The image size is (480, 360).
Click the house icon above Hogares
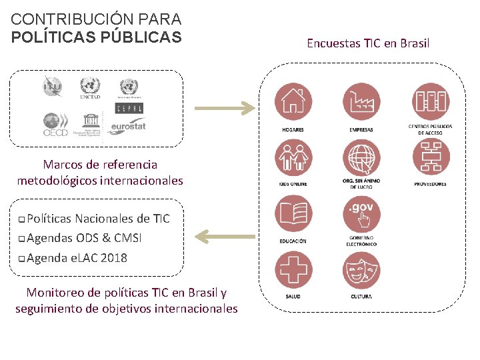pyautogui.click(x=293, y=101)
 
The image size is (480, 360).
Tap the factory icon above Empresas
pyautogui.click(x=361, y=101)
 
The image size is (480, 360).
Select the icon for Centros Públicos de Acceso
pyautogui.click(x=431, y=101)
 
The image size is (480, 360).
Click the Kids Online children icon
pyautogui.click(x=293, y=159)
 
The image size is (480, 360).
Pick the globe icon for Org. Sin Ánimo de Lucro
pyautogui.click(x=361, y=159)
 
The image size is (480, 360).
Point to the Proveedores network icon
pyautogui.click(x=431, y=159)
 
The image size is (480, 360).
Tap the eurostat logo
pyautogui.click(x=128, y=125)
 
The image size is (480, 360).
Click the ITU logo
pyautogui.click(x=52, y=87)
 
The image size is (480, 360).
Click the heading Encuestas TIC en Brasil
pyautogui.click(x=368, y=43)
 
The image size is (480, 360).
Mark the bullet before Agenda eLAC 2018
pyautogui.click(x=23, y=259)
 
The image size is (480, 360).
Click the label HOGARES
pyautogui.click(x=293, y=129)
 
